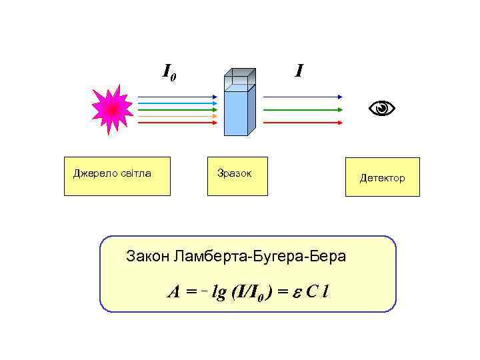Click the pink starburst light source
pos(112,109)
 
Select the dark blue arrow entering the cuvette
pos(177,97)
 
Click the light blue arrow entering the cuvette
pos(177,103)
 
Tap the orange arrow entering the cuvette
pos(177,116)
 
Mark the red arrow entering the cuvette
pos(177,123)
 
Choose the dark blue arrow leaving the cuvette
pos(303,97)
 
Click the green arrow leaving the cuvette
pos(303,109)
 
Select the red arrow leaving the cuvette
pos(303,123)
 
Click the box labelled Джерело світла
pos(117,177)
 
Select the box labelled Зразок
pos(237,177)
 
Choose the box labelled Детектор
pos(382,177)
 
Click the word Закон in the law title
pos(147,256)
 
